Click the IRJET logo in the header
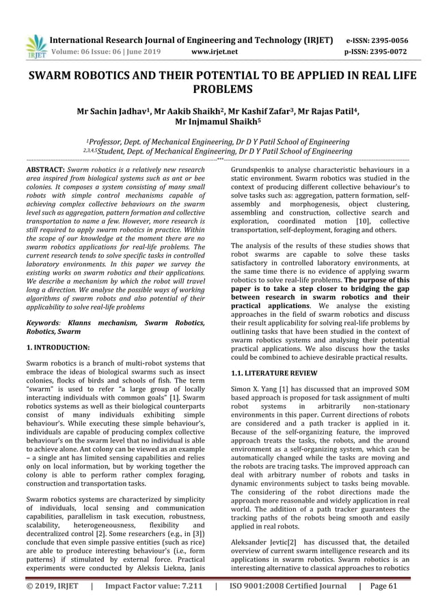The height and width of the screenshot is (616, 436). (35, 45)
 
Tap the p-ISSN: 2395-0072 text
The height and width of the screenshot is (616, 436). (378, 51)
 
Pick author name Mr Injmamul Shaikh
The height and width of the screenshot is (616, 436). (217, 124)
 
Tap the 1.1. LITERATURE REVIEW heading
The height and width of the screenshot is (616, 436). (273, 373)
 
